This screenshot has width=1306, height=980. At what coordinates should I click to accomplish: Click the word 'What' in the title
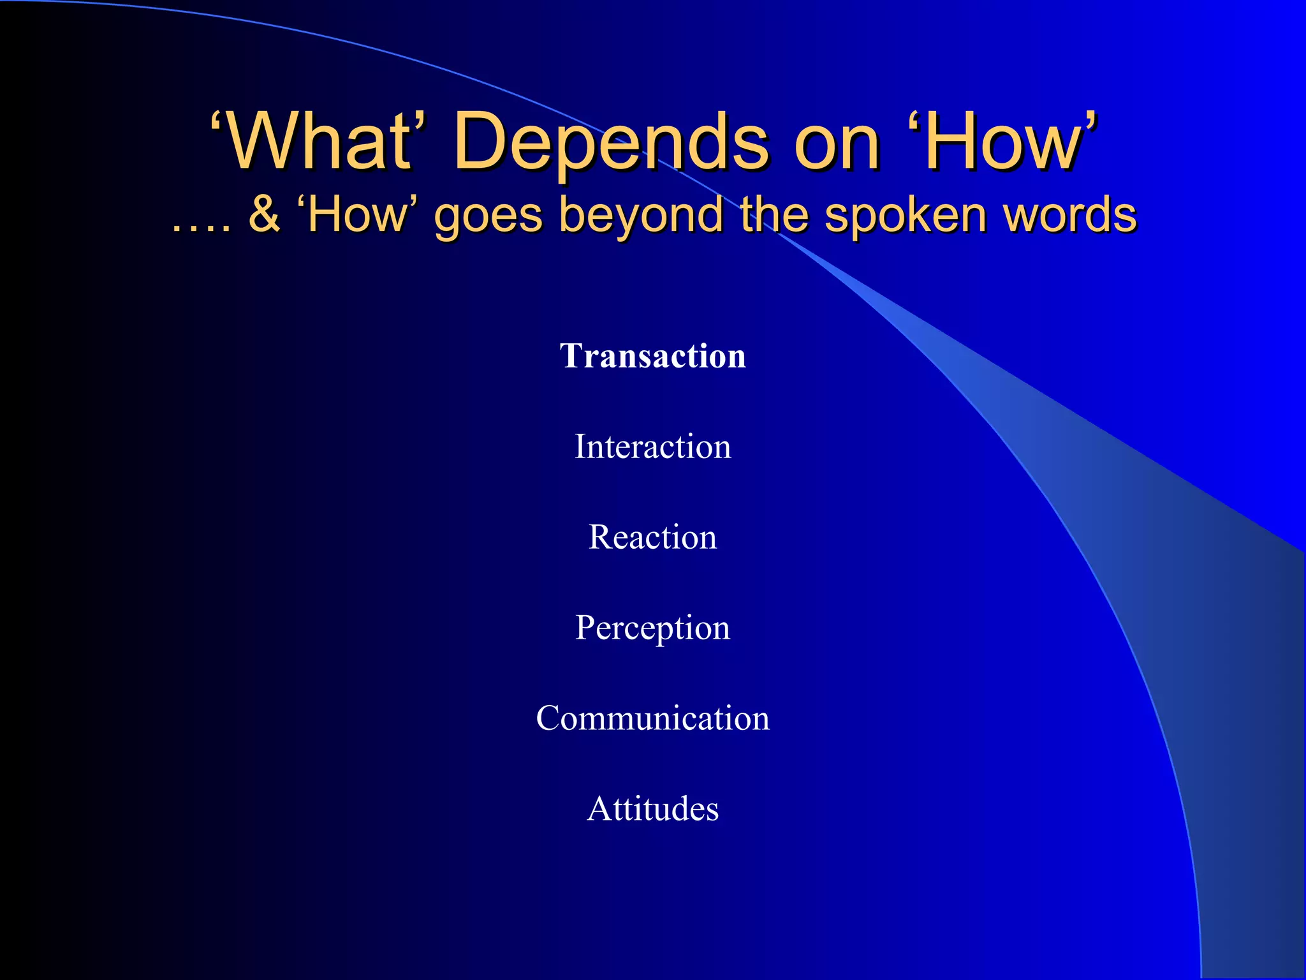tap(319, 142)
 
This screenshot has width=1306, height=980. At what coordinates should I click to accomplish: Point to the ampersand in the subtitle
tap(264, 214)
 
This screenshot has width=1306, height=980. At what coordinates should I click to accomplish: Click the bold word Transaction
tap(653, 356)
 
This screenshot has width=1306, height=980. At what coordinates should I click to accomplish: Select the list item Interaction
tap(653, 446)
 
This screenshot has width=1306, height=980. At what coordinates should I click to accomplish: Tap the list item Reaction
tap(653, 537)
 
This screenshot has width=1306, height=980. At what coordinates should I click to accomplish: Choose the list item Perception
tap(653, 628)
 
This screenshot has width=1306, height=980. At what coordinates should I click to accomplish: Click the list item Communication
tap(653, 718)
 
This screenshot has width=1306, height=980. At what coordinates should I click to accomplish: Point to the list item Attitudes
tap(653, 808)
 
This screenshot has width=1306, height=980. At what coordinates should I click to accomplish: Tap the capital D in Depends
tap(481, 142)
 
